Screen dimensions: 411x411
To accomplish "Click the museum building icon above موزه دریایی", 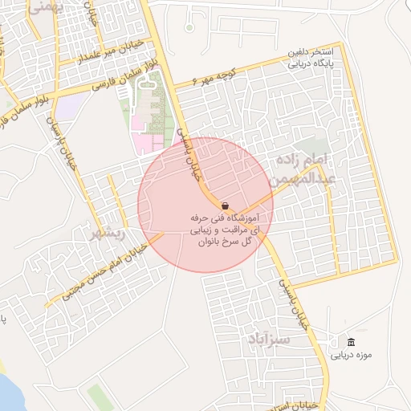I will tap(350, 341).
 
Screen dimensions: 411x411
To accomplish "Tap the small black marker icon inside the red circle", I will tap(223, 205).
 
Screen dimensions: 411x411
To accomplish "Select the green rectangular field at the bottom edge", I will tap(100, 397).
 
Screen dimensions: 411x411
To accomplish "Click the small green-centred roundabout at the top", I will tap(189, 27).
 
